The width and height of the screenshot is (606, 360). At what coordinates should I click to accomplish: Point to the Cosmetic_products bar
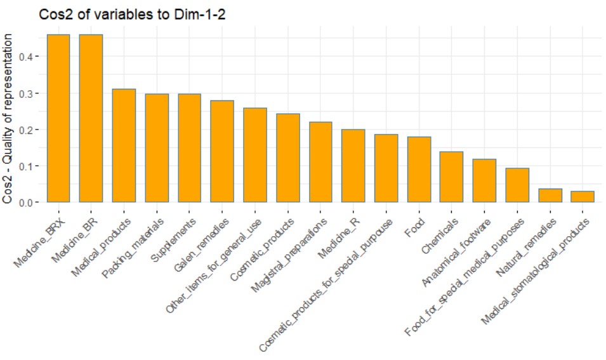tap(288, 158)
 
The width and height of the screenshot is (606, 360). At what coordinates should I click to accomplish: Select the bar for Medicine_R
tap(353, 166)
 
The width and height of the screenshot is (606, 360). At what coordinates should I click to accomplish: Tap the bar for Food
tap(419, 170)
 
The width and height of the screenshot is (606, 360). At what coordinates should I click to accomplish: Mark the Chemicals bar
tap(452, 177)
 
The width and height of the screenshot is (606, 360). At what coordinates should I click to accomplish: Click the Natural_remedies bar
tap(550, 196)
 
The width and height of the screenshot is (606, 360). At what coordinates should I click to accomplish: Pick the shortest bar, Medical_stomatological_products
tap(583, 197)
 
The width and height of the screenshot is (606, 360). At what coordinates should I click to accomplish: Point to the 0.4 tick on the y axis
tap(33, 57)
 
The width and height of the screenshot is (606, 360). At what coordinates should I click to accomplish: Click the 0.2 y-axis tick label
tap(33, 130)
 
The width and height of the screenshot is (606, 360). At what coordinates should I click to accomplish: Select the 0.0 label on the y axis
tap(33, 203)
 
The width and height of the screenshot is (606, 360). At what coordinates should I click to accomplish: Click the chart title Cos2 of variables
tap(132, 16)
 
